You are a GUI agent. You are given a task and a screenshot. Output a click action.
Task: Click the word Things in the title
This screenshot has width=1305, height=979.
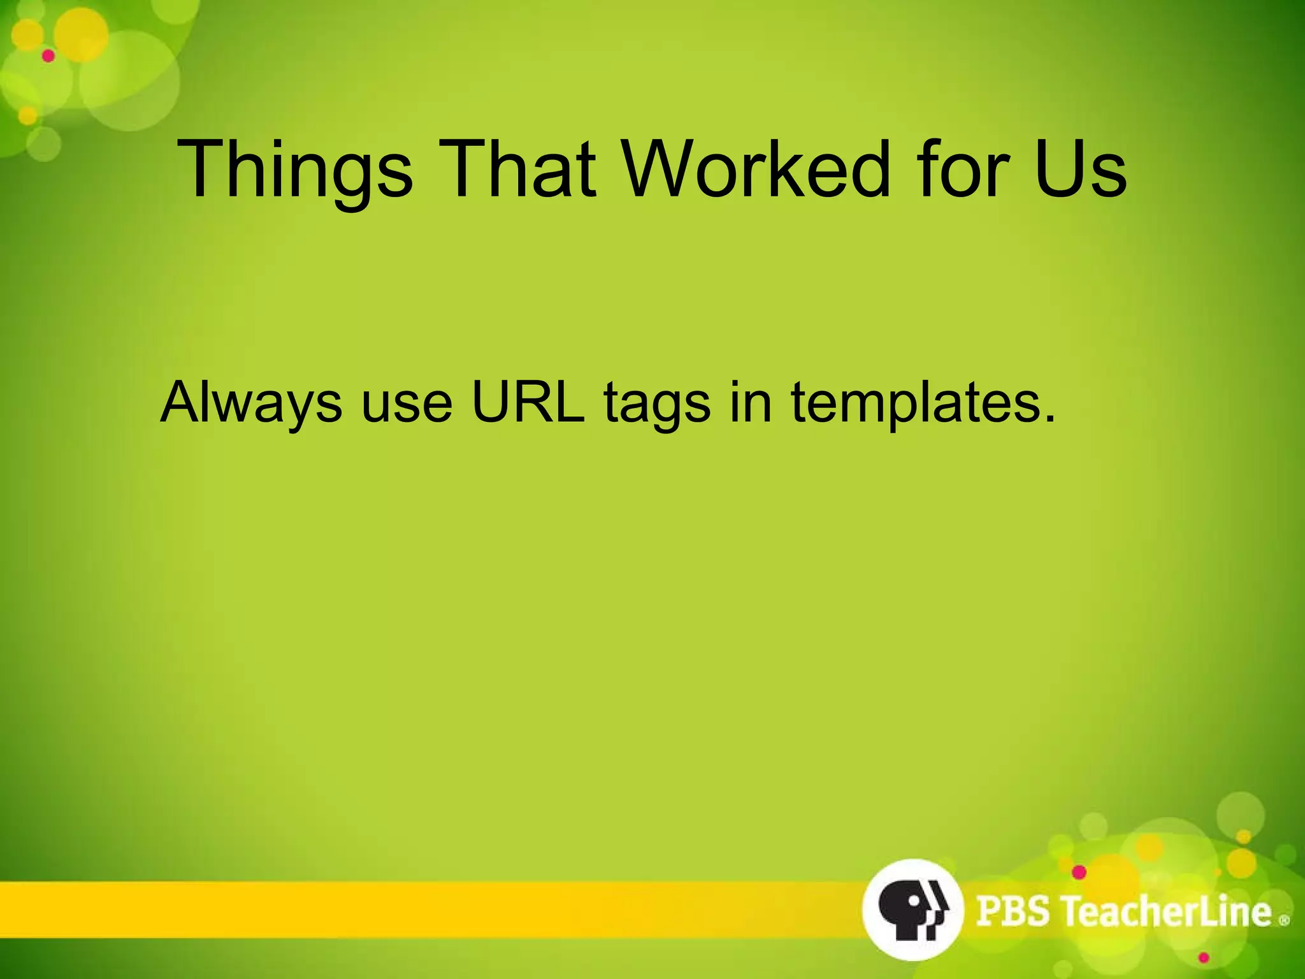(x=295, y=170)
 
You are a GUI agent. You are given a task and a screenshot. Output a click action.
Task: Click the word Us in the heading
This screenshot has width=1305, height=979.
(x=1081, y=170)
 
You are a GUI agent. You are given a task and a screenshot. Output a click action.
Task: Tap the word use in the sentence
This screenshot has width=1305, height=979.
(x=407, y=403)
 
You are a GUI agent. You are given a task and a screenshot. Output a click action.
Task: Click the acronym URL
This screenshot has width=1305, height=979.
(x=528, y=403)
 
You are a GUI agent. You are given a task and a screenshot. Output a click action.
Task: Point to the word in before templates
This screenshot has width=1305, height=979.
(x=751, y=403)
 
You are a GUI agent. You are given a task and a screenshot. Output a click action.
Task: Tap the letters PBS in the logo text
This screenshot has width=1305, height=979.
(x=1013, y=911)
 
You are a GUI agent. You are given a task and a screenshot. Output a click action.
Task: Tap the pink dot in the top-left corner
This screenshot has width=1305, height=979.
(x=48, y=56)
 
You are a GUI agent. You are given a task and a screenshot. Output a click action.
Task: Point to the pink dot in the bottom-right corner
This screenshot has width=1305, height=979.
(x=1204, y=958)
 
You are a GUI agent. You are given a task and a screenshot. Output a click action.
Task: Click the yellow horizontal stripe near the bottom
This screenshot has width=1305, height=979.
(x=414, y=910)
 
